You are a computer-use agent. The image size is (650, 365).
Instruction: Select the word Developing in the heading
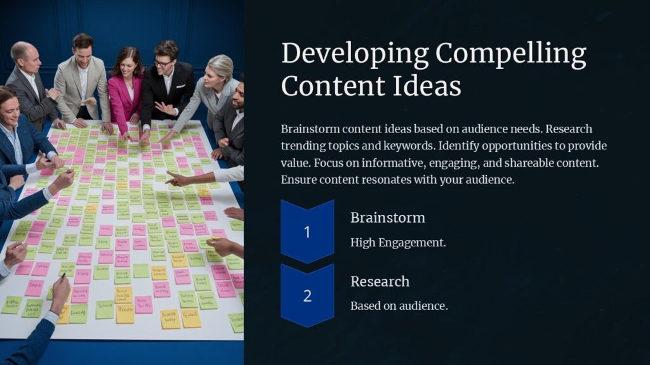pyautogui.click(x=357, y=55)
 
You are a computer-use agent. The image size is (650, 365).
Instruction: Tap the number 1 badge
pyautogui.click(x=307, y=232)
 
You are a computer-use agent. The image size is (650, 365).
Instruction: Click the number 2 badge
pyautogui.click(x=307, y=295)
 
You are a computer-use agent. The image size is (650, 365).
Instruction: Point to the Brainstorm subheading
pyautogui.click(x=387, y=217)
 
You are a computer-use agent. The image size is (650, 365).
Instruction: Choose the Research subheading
pyautogui.click(x=380, y=281)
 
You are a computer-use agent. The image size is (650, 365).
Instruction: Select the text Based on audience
pyautogui.click(x=399, y=305)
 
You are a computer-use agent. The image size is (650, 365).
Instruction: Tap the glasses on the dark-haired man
pyautogui.click(x=163, y=62)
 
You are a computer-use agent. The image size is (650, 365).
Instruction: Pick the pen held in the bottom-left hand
pyautogui.click(x=63, y=277)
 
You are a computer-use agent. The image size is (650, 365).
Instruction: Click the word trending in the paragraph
pyautogui.click(x=304, y=146)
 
